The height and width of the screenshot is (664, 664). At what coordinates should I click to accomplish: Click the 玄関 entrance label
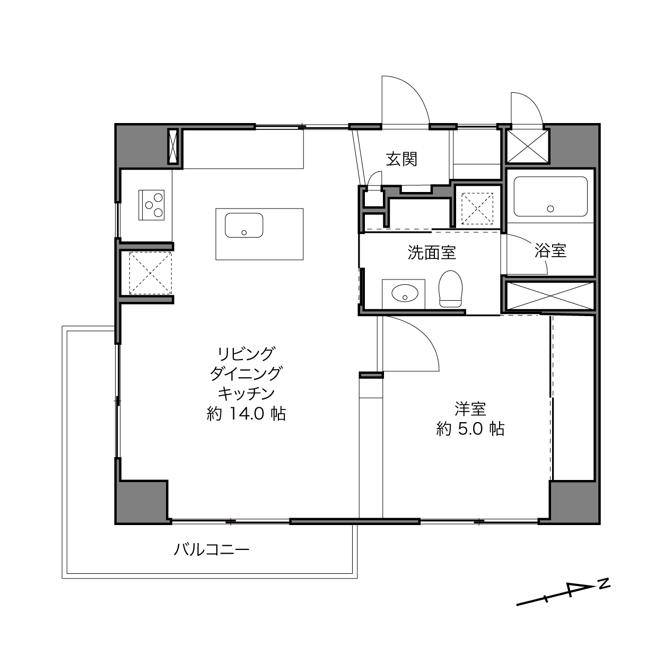[x=401, y=159]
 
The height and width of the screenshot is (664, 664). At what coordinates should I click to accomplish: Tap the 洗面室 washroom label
[x=432, y=252]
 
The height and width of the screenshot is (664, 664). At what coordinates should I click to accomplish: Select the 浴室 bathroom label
[x=551, y=250]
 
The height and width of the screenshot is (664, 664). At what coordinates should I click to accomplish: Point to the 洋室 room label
[x=470, y=409]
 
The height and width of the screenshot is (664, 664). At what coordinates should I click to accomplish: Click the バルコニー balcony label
[x=211, y=549]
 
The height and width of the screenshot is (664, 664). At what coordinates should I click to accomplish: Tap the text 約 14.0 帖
[x=246, y=414]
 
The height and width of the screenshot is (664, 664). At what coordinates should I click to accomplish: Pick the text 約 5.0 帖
[x=470, y=429]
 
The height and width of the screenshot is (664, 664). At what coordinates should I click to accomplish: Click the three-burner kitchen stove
[x=151, y=205]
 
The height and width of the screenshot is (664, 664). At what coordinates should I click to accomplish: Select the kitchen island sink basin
[x=244, y=225]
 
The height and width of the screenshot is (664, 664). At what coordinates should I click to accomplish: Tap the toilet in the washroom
[x=450, y=289]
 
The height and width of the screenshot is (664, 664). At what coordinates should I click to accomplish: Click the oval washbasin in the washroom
[x=405, y=294]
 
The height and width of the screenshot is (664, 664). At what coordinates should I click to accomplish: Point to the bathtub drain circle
[x=551, y=208]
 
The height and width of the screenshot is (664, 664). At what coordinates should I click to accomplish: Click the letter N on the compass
[x=604, y=583]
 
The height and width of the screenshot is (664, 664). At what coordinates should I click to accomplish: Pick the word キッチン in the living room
[x=247, y=394]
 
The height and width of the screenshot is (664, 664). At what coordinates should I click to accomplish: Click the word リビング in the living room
[x=247, y=354]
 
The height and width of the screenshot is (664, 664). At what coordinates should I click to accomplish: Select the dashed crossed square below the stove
[x=150, y=273]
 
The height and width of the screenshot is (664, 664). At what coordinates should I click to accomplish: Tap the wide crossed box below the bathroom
[x=551, y=295]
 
